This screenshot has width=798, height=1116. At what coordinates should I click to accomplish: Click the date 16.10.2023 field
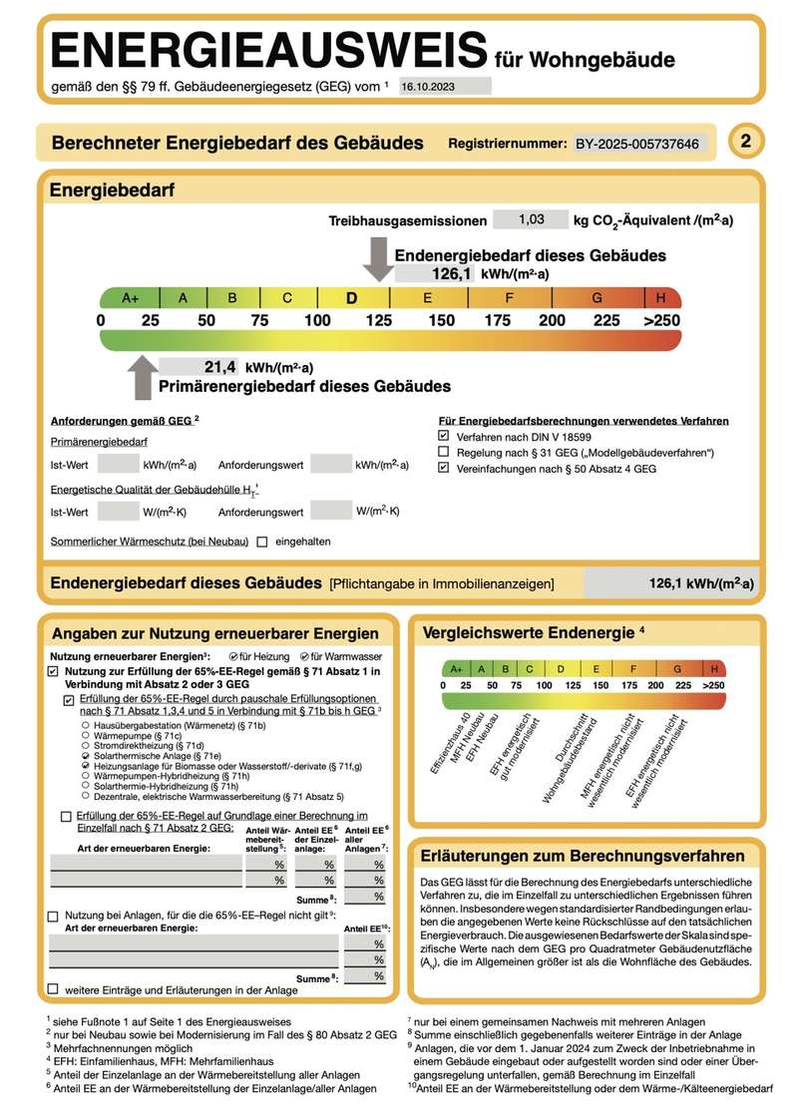pyautogui.click(x=445, y=87)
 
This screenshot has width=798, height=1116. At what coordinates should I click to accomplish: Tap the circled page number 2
pyautogui.click(x=745, y=142)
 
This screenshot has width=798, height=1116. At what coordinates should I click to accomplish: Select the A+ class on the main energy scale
pyautogui.click(x=130, y=297)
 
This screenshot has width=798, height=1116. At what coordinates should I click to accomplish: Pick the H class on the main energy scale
pyautogui.click(x=661, y=297)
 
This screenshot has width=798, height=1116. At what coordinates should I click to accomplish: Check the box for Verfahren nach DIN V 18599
pyautogui.click(x=444, y=437)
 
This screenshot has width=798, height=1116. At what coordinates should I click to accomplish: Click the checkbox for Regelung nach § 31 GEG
pyautogui.click(x=444, y=453)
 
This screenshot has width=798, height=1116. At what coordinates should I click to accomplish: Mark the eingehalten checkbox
pyautogui.click(x=262, y=542)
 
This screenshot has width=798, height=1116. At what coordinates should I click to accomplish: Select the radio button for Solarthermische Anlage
pyautogui.click(x=86, y=758)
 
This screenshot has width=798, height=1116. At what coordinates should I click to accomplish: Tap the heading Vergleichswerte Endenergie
pyautogui.click(x=529, y=632)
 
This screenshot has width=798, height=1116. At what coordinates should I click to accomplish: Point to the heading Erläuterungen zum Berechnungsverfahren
pyautogui.click(x=584, y=856)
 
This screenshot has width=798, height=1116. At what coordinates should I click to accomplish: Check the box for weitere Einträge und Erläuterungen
pyautogui.click(x=53, y=988)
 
